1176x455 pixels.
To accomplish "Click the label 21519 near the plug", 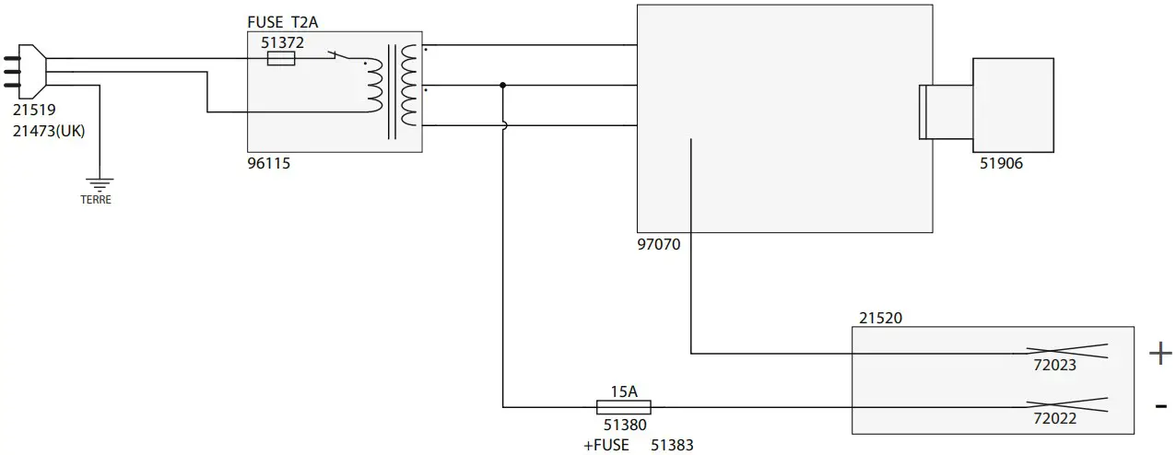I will [34, 111].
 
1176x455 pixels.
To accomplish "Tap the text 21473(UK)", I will [49, 131].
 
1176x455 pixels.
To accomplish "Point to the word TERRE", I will [96, 199].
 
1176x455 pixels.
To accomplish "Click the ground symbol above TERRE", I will [98, 184].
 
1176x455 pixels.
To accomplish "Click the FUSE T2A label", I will [285, 22].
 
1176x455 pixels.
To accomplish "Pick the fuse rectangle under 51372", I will [280, 59].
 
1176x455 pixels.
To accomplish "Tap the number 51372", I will [283, 42].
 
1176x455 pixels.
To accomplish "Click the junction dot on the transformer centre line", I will [502, 86].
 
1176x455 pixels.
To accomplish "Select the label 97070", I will [658, 244].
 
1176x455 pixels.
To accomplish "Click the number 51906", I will [1002, 164].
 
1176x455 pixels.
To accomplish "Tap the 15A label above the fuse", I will [624, 391].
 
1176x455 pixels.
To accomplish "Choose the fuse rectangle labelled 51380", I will [624, 407].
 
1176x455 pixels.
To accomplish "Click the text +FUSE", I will [606, 445].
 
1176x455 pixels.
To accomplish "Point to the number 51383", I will [672, 445].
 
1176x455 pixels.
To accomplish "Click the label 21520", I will [880, 318].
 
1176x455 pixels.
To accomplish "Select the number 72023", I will [1054, 366].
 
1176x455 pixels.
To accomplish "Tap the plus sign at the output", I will [1159, 353].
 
